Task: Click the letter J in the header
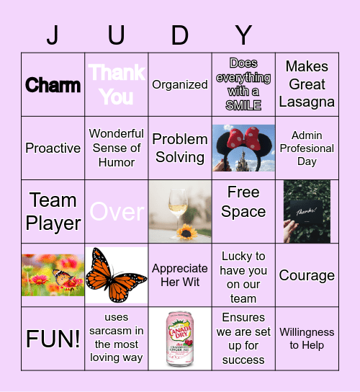[x=53, y=34]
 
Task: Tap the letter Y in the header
[x=244, y=34]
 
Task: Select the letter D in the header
[x=180, y=34]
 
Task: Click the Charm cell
[x=53, y=85]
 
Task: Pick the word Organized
[x=180, y=84]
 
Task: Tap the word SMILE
[x=243, y=105]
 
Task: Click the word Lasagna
[x=307, y=102]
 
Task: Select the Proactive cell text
[x=53, y=148]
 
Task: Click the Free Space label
[x=243, y=202]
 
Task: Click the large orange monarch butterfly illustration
[x=116, y=275]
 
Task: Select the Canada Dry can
[x=180, y=339]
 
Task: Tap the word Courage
[x=307, y=275]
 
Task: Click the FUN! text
[x=53, y=339]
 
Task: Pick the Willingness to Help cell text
[x=307, y=339]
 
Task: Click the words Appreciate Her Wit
[x=180, y=275]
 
